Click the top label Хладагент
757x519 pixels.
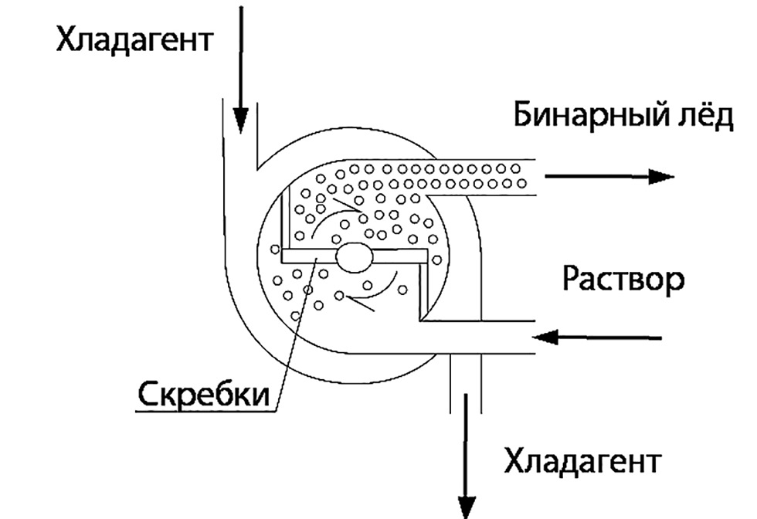pyautogui.click(x=133, y=39)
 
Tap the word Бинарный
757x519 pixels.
pyautogui.click(x=591, y=117)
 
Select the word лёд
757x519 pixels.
pyautogui.click(x=704, y=117)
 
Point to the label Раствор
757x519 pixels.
pyautogui.click(x=623, y=279)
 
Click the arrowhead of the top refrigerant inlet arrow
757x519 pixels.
pyautogui.click(x=241, y=120)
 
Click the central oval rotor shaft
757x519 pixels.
pyautogui.click(x=354, y=257)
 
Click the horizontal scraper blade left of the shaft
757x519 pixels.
pyautogui.click(x=307, y=256)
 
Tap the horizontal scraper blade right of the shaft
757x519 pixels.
pyautogui.click(x=400, y=255)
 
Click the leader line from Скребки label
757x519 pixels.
pyautogui.click(x=294, y=332)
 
